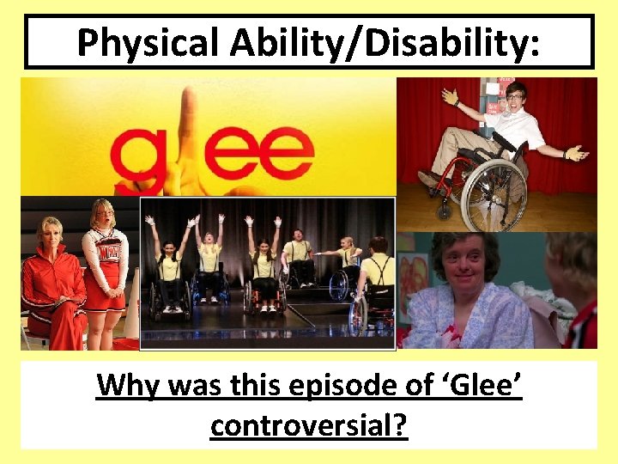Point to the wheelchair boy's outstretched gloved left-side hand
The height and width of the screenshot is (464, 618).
point(451,95)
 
